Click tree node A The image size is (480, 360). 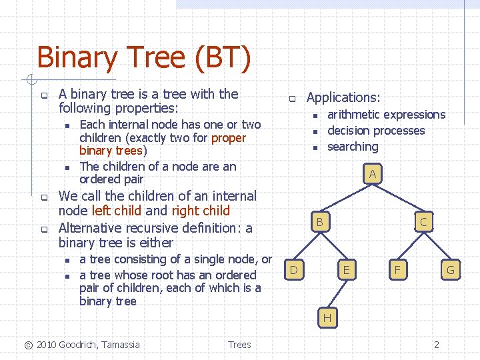pos(373,174)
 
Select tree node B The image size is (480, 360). pos(320,221)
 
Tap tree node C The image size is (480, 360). pos(423,221)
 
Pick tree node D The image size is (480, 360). pos(293,269)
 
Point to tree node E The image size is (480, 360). pos(345,269)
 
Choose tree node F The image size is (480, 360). pos(398,269)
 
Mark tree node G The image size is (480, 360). pos(450,269)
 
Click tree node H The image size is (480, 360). pos(327,318)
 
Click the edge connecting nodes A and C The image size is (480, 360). pos(398,198)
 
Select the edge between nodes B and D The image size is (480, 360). pos(307,245)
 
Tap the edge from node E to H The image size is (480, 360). pos(336,294)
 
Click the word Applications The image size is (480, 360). pos(343,97)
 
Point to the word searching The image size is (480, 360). pos(353,147)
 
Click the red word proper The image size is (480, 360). pos(228,138)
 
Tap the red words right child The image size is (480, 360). pos(200,211)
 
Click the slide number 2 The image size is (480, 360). pos(436,345)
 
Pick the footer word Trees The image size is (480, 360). pos(239,345)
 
